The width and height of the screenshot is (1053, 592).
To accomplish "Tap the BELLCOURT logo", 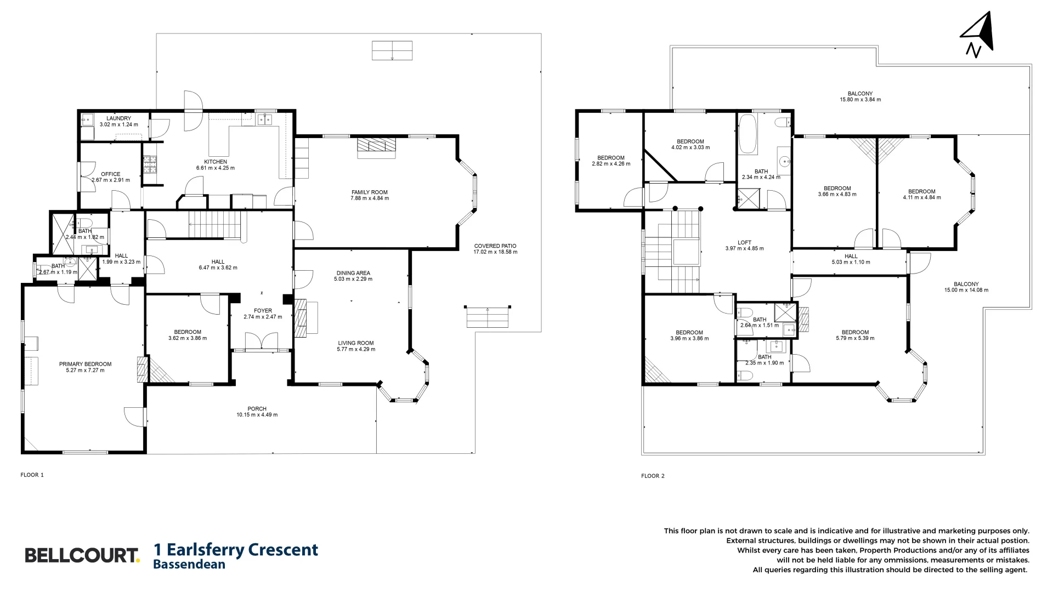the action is tap(82, 555).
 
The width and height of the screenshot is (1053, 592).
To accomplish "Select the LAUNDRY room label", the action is tap(118, 118).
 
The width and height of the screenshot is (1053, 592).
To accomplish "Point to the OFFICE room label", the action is tap(110, 174).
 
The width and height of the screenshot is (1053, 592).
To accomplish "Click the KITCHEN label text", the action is tap(216, 162).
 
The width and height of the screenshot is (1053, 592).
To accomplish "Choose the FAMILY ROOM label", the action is tap(370, 192).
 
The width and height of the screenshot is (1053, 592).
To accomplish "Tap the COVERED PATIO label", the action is tap(495, 246).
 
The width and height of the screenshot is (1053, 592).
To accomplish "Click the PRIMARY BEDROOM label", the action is tap(85, 364).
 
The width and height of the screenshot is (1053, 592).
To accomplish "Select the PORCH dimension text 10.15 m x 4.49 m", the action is tap(257, 415).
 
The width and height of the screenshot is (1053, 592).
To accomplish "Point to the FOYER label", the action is tap(263, 311).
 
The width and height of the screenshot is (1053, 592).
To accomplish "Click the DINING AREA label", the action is tap(353, 273).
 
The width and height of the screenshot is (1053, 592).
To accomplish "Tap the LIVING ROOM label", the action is tap(356, 343).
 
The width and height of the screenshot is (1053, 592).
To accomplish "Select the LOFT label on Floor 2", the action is tap(744, 242).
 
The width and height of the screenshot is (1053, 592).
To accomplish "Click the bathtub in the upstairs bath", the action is tap(747, 134).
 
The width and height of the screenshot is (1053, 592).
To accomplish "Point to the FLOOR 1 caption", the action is tap(32, 475).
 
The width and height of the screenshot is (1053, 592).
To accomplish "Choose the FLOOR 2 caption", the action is tap(653, 476).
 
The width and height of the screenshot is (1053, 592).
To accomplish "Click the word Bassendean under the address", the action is tap(189, 564).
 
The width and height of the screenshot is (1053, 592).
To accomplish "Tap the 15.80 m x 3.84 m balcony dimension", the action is tap(860, 100).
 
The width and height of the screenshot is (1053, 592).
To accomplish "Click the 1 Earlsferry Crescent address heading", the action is tap(236, 549).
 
